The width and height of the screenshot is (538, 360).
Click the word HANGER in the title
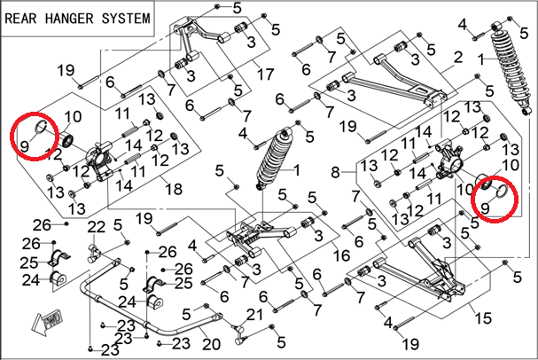pos(74,17)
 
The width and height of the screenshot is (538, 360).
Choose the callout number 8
pos(336,170)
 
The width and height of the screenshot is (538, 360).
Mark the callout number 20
pos(210,343)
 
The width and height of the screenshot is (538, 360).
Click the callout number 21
pos(255,315)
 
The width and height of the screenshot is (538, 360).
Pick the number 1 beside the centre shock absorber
pos(297,169)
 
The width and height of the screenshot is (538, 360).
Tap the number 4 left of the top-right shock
pos(462,23)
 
